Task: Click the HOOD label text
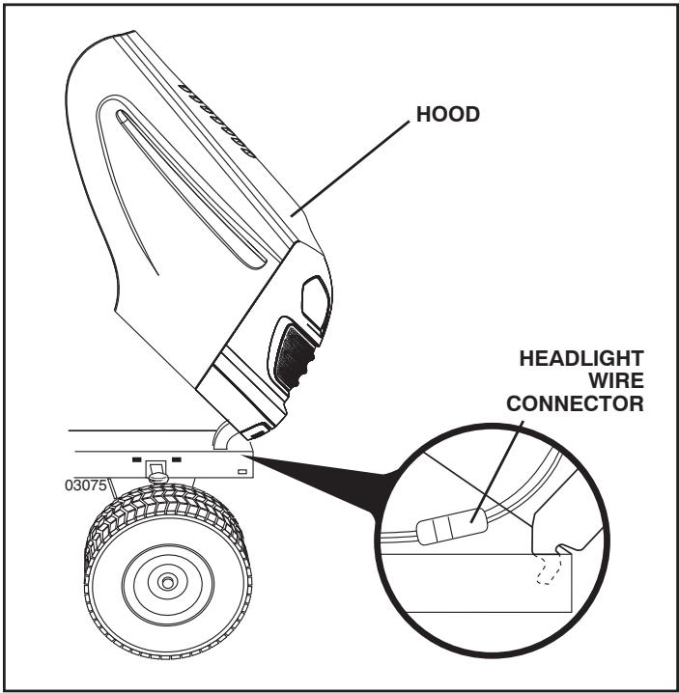coord(447,115)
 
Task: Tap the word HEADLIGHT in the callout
coord(580,358)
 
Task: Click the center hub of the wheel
coord(169,581)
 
